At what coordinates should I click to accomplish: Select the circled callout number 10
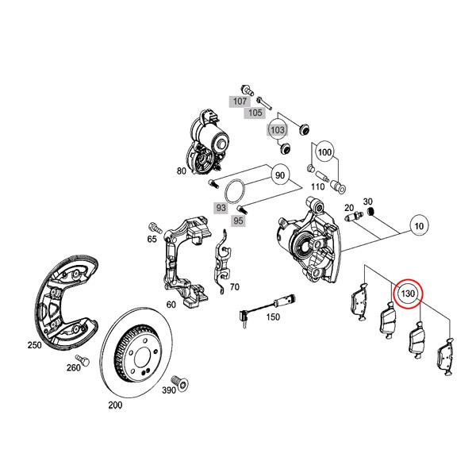[418, 227]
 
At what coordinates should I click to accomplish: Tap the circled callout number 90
[278, 175]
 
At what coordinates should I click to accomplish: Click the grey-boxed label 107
[239, 102]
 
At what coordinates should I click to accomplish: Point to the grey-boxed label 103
[277, 129]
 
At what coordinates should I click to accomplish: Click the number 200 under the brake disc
[115, 405]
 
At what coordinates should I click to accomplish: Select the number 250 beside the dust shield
[34, 346]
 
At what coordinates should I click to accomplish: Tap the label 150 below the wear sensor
[272, 317]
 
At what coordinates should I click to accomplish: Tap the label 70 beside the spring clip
[233, 286]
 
